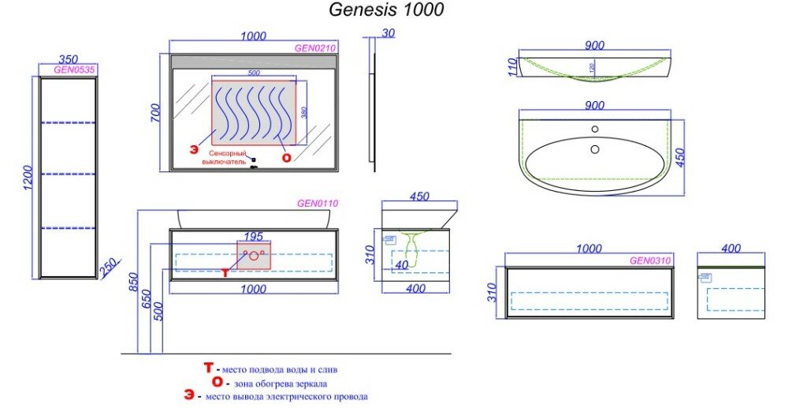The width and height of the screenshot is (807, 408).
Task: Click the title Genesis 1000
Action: point(385,10)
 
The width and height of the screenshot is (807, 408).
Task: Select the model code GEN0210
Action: point(315,48)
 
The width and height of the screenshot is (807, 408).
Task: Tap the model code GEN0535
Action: point(74,69)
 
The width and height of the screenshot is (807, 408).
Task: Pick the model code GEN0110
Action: point(317,204)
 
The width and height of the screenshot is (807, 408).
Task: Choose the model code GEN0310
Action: point(649,260)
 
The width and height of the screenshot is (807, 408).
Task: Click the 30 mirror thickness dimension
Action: point(386,33)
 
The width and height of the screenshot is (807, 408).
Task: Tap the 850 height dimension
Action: point(133,281)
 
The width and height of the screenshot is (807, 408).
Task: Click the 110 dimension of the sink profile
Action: point(511,67)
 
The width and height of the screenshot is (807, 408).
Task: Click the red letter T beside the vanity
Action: point(225,272)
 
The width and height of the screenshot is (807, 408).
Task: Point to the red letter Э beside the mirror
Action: point(192,148)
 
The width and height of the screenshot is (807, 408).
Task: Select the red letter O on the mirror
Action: point(287,157)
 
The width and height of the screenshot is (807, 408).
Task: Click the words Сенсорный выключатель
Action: point(228,156)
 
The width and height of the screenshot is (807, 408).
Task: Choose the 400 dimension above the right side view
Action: point(731,249)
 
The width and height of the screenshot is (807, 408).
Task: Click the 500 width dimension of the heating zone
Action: point(254,73)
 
